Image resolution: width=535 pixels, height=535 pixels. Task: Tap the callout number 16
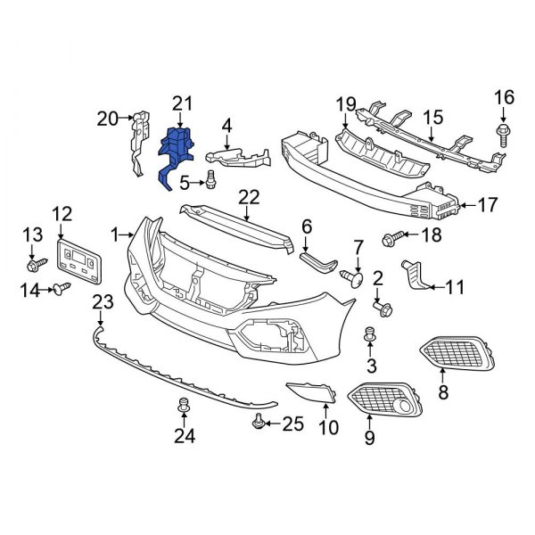pos(504,96)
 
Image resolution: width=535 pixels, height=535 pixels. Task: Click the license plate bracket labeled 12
pos(79,256)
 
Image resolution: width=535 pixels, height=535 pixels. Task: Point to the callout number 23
pos(103,303)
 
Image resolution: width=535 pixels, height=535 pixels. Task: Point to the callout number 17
pos(487,205)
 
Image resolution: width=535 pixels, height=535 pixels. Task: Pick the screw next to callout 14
pos(63,288)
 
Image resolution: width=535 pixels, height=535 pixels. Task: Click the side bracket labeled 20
pos(137,143)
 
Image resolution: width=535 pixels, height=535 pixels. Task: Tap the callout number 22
pos(249,196)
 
